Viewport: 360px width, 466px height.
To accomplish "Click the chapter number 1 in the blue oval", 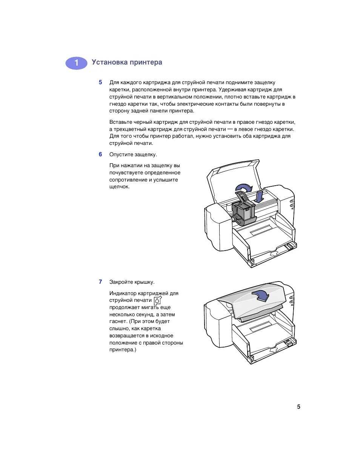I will coord(76,63).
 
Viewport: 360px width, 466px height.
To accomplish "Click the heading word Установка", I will coord(109,62).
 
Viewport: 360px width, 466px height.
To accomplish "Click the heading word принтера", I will coord(146,62).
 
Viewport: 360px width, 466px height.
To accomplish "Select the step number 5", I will coord(100,82).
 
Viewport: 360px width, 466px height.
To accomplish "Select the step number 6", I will coord(100,154).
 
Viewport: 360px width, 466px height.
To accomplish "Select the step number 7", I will coord(100,282).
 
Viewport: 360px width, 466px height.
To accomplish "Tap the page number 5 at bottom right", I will coord(298,407).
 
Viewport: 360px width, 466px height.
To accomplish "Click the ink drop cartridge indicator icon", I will coord(158,300).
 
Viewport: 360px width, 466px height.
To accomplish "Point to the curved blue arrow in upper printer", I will coord(243,188).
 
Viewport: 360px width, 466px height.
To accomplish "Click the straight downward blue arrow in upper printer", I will coord(258,196).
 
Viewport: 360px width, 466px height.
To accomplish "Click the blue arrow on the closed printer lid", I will coord(261,295).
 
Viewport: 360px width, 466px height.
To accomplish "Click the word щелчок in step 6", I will coord(119,187).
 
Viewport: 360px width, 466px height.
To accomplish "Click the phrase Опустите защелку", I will coord(133,154).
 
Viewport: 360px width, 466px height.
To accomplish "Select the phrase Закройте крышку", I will coord(132,282).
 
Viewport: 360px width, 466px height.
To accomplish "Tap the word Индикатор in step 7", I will coord(123,293).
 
